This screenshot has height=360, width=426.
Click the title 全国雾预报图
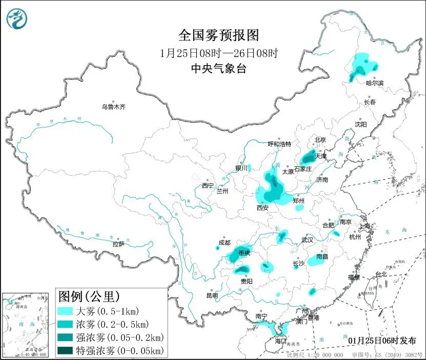219,35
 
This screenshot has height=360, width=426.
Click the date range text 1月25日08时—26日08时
219,53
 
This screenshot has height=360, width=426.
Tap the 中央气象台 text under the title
219,68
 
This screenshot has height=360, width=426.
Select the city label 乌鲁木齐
113,107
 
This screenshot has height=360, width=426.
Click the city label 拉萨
118,244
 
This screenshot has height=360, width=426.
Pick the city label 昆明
212,295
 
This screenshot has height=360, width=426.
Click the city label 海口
280,340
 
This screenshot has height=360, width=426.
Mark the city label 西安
262,208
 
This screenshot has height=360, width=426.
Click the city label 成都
224,242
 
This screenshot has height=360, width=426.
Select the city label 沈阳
361,124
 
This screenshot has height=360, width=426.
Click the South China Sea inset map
27,325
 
